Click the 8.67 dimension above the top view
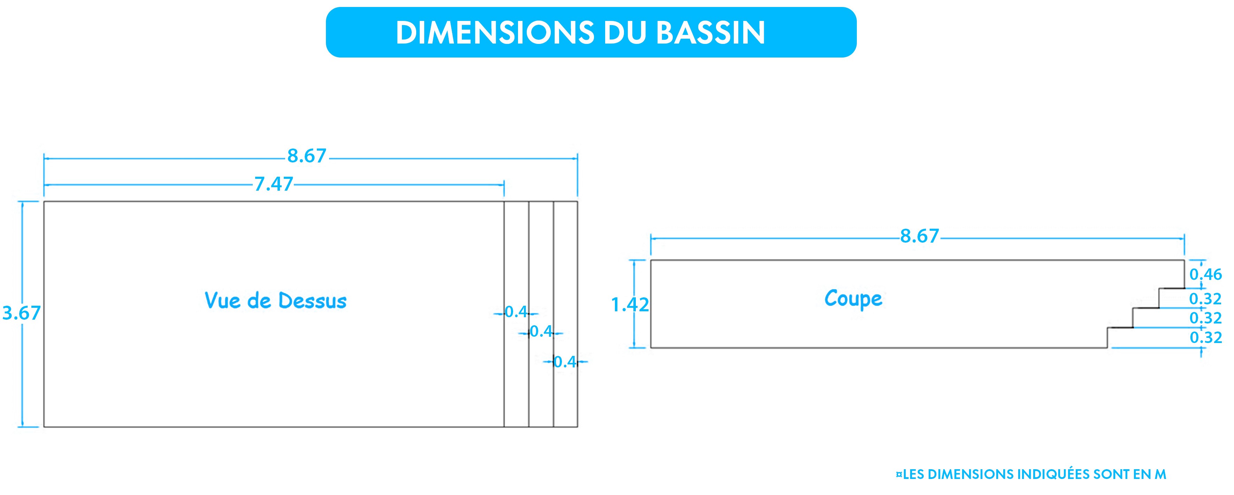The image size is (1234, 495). click(x=307, y=156)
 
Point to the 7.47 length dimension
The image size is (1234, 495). click(x=274, y=184)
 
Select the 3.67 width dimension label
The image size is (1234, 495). click(x=22, y=313)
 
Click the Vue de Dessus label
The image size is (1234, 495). click(x=275, y=300)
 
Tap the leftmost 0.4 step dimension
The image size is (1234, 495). click(x=516, y=312)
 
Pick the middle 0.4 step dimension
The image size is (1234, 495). click(x=541, y=331)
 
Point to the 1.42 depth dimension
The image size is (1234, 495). click(x=630, y=305)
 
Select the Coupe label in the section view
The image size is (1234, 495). click(x=853, y=298)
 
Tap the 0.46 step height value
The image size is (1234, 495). click(x=1206, y=275)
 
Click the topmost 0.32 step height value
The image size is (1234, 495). click(x=1206, y=299)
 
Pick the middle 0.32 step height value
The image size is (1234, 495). click(x=1206, y=318)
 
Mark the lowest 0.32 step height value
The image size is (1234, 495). click(x=1206, y=338)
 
